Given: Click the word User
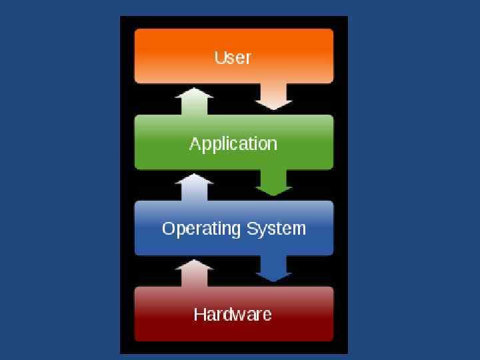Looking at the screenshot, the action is click(233, 57).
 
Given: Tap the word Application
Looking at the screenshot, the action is click(233, 144).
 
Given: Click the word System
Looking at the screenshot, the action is click(276, 229).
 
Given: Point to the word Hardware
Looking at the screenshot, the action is click(233, 314).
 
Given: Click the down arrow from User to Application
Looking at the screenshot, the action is click(274, 97).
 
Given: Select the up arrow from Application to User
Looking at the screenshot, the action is click(194, 101).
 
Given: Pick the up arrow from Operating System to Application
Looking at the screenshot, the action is click(194, 187).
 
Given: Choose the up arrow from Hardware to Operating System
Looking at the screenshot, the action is click(194, 273).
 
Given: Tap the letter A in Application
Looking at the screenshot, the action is click(195, 143).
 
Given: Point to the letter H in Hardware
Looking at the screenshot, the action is click(199, 314).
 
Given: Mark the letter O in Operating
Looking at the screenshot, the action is click(169, 229).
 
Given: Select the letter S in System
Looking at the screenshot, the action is click(252, 229).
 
